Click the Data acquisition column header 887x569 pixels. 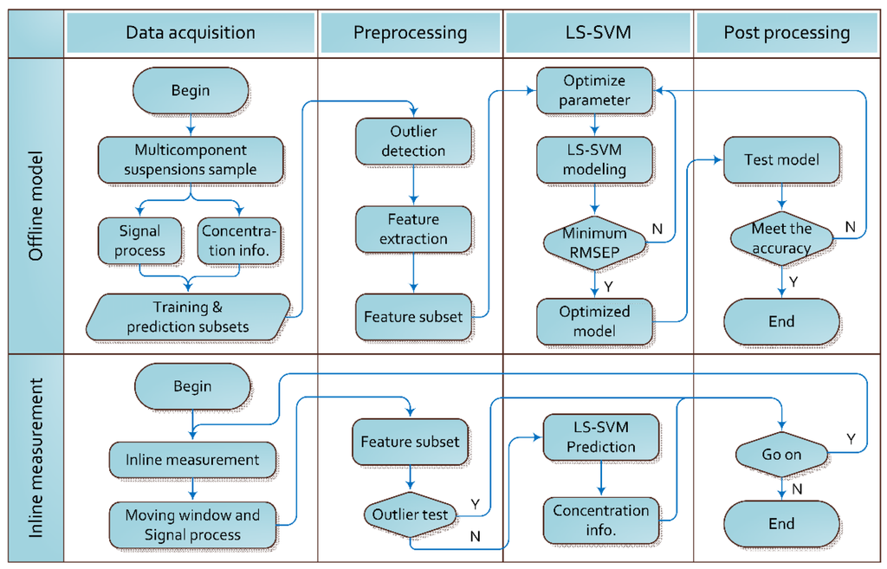(191, 33)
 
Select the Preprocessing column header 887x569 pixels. (410, 33)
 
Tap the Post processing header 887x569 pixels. (787, 33)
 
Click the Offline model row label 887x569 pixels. (35, 204)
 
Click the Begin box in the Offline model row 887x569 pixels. (191, 90)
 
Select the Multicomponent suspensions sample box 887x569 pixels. (191, 159)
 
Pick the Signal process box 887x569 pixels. (139, 240)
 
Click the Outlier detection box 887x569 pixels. (413, 141)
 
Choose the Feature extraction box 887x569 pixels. (413, 229)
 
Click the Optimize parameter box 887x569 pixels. (594, 90)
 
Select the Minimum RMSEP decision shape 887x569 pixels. (594, 242)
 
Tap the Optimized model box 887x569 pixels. (594, 320)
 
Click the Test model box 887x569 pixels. (781, 159)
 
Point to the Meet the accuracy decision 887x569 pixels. (781, 238)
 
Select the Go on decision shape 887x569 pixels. (781, 454)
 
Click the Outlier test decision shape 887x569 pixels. (410, 514)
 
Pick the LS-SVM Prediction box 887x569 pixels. (601, 436)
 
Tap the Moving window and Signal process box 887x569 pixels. (192, 524)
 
